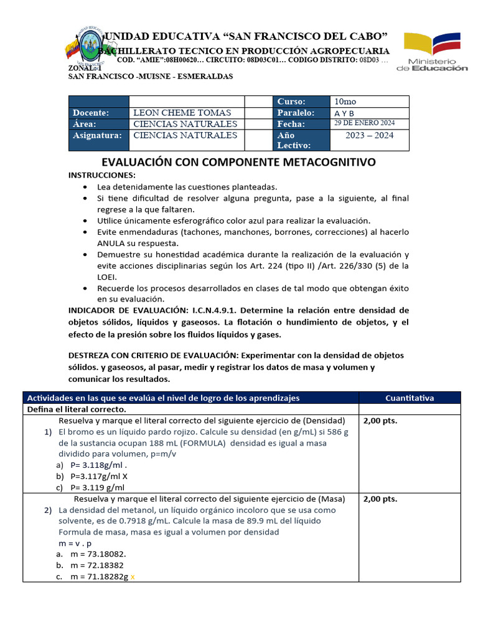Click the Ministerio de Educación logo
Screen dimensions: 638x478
tap(432, 52)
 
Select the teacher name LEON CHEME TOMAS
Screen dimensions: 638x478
tap(182, 113)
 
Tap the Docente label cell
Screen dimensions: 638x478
tap(98, 113)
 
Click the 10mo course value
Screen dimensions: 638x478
tap(346, 102)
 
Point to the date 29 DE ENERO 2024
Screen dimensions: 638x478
tap(364, 123)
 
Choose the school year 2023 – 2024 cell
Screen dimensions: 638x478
tap(369, 135)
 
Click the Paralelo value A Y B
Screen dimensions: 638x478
tap(344, 113)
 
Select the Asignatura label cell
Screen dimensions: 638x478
tap(98, 135)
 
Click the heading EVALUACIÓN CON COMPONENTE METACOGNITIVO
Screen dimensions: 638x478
tap(239, 162)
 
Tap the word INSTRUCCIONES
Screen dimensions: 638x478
tap(101, 175)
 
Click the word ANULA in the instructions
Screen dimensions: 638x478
tap(110, 243)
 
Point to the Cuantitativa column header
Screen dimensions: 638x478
tap(409, 398)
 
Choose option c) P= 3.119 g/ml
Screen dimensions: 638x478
tap(97, 487)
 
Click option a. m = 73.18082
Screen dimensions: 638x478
tap(98, 554)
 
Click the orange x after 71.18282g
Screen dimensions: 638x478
tap(132, 577)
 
